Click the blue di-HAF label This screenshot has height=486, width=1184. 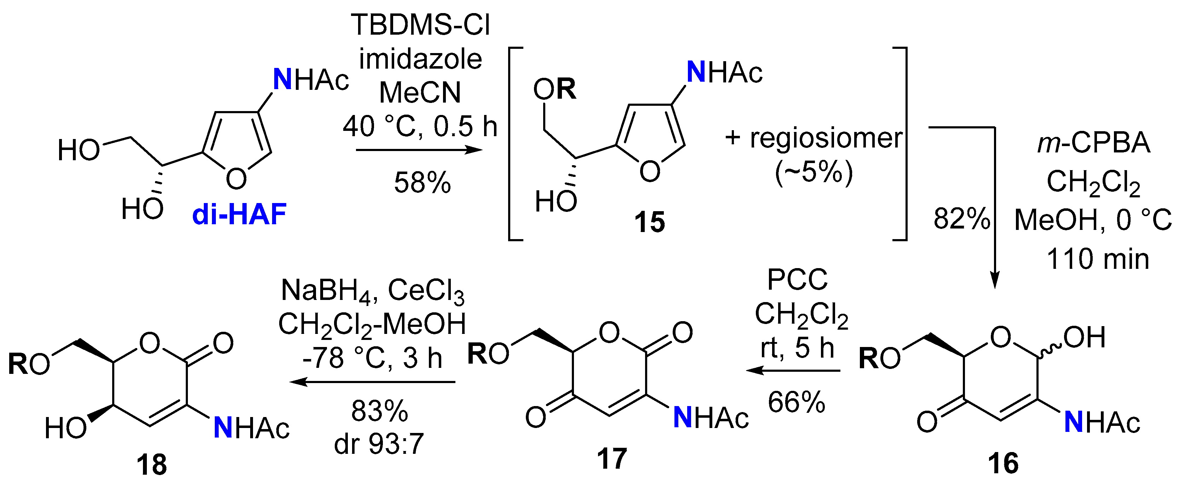240,214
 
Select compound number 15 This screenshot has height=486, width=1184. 649,222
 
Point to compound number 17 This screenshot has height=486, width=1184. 612,458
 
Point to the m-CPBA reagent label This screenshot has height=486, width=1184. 1093,143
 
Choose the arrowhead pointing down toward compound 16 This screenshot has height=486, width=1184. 995,281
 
